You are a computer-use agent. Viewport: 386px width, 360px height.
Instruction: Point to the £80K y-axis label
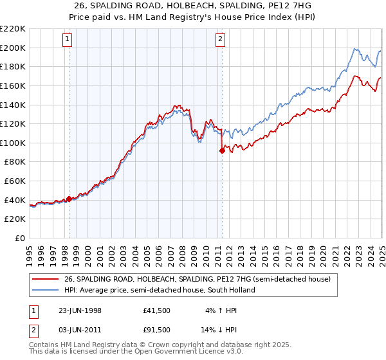coord(15,162)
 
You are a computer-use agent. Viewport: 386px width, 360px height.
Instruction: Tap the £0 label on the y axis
coord(21,239)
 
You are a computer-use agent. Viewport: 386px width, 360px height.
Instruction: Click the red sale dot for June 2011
coord(222,151)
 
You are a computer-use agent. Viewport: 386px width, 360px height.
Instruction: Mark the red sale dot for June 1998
coord(69,199)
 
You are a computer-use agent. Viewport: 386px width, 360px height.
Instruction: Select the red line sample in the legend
coord(46,280)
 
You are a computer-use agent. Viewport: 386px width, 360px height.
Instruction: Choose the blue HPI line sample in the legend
coord(46,290)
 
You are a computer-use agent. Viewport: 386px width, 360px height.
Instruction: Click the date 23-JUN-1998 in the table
coord(80,310)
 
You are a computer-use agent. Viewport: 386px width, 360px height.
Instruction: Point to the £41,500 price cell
coord(157,310)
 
